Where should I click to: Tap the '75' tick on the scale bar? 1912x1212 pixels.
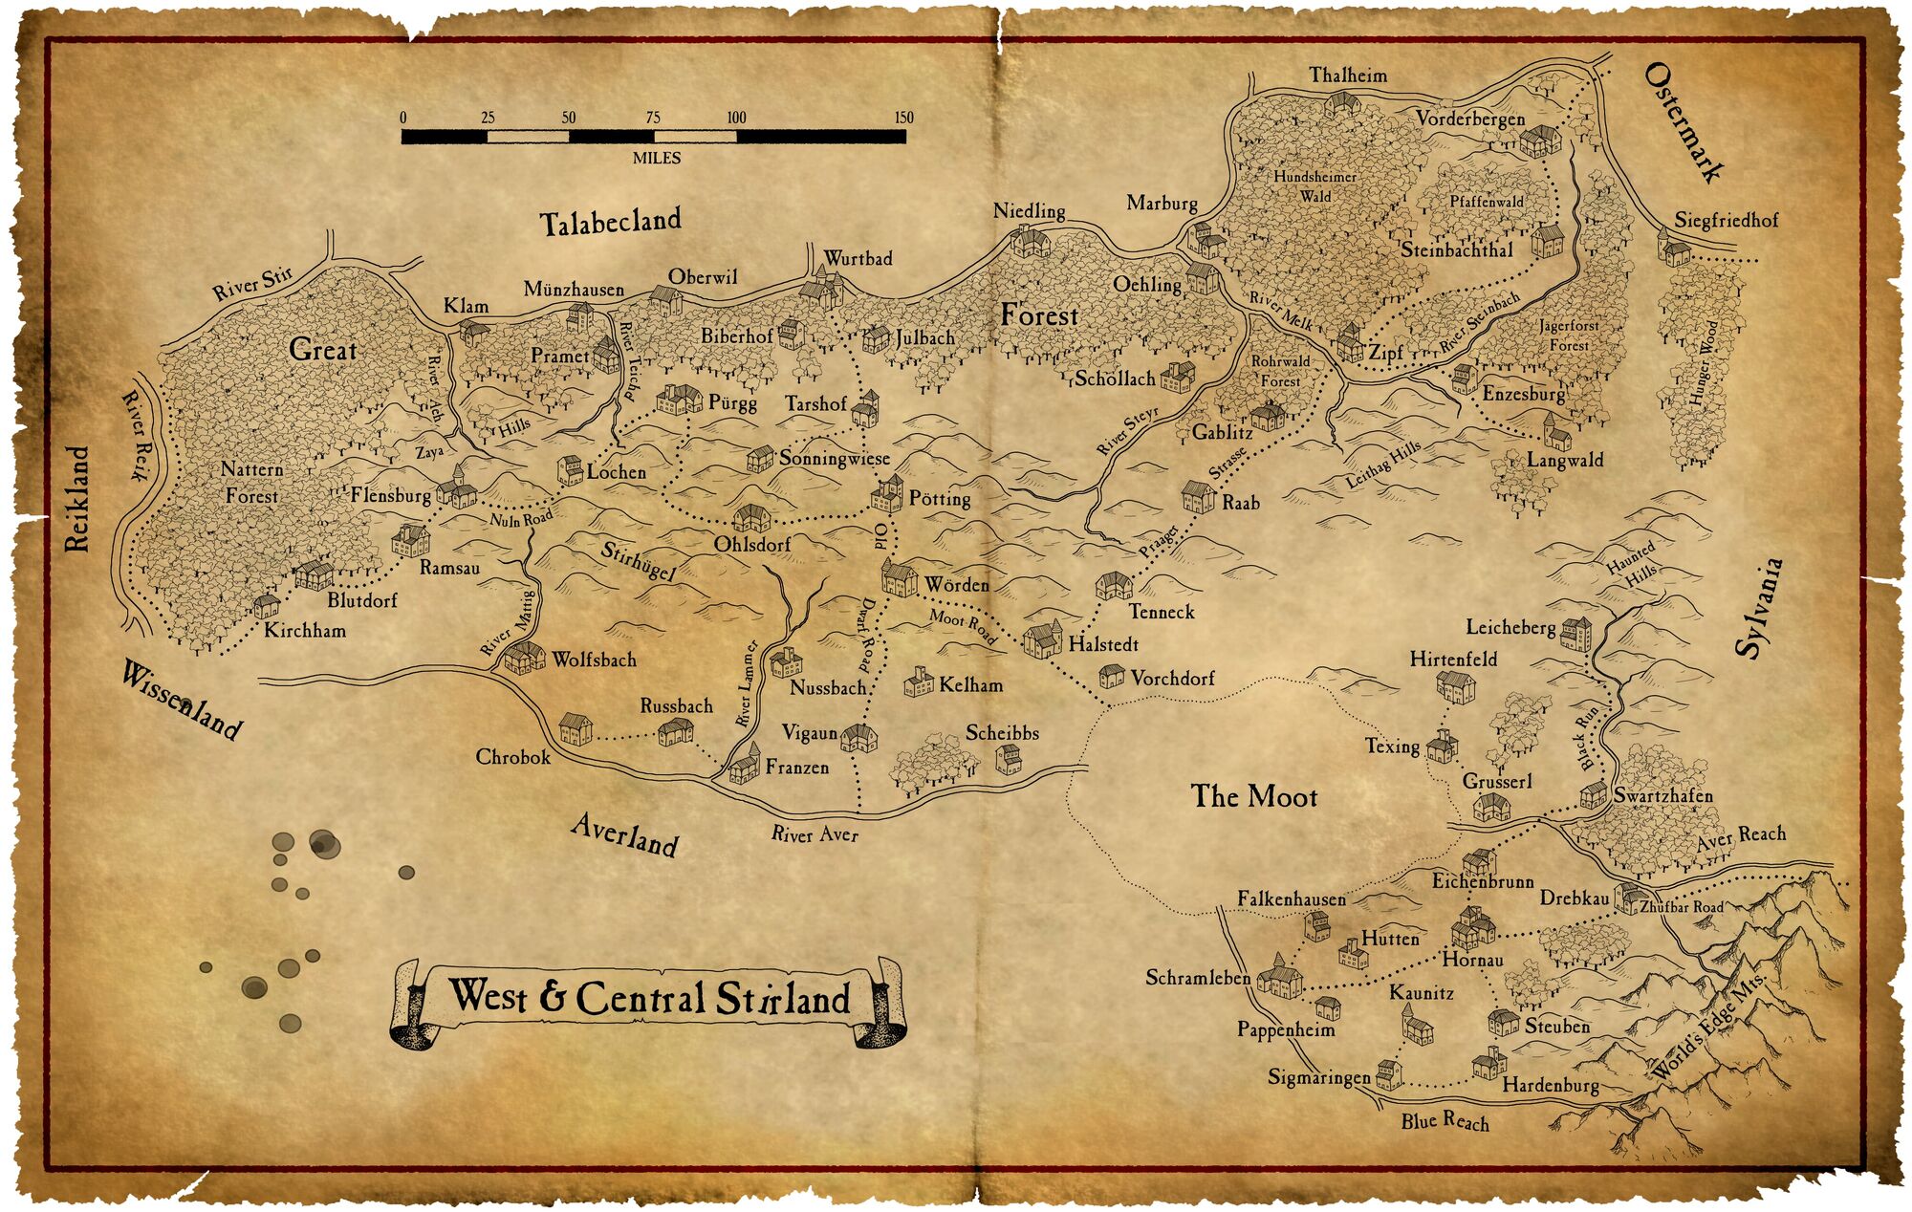pos(653,119)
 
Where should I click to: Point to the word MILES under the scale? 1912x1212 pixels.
pos(656,158)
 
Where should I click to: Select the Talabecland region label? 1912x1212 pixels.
pos(610,222)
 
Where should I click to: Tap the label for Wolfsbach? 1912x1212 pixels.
pos(593,660)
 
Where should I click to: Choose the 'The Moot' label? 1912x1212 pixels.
pos(1253,796)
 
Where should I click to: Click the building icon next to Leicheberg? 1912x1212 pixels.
pos(1575,633)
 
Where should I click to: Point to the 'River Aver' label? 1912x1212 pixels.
pos(815,834)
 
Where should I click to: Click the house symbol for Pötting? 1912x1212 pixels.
pos(887,494)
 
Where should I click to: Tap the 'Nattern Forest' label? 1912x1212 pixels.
pos(252,483)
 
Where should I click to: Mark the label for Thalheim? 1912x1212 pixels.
pos(1348,75)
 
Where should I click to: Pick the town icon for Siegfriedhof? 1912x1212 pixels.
pos(1674,250)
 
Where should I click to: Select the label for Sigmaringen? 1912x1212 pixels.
pos(1318,1077)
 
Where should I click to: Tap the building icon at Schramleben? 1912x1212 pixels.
pos(1279,978)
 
